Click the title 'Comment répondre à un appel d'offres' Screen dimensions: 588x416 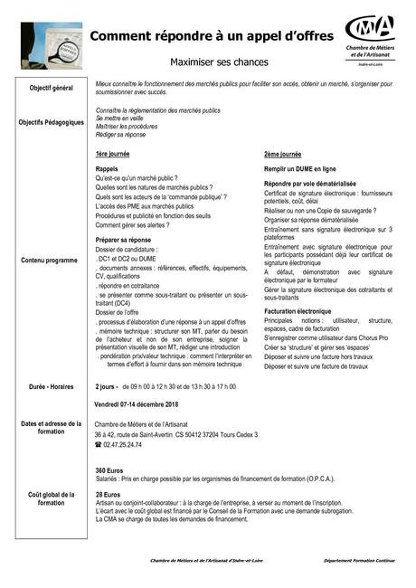211,36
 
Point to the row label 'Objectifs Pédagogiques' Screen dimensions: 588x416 52,122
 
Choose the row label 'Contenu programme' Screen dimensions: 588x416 52,261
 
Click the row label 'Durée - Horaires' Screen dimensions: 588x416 52,386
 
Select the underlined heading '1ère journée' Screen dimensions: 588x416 113,155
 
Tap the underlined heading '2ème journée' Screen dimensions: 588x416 283,155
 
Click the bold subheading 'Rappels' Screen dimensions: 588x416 107,169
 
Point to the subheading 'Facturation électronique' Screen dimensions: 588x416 298,311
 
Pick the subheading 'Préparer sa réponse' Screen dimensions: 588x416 123,239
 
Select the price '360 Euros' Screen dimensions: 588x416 109,471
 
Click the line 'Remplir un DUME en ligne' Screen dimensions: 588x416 299,169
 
